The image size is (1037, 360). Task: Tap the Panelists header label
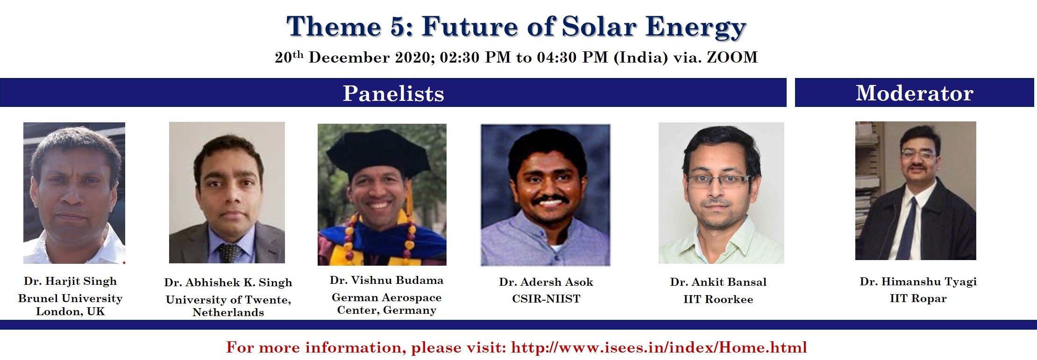393,93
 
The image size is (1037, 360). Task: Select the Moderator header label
914,93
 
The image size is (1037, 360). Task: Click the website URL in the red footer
659,347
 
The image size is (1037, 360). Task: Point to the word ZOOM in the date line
732,57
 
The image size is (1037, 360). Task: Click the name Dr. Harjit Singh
70,281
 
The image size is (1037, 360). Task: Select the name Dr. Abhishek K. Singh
228,282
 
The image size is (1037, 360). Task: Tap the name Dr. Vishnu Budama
386,280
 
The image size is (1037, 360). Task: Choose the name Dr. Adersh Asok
546,282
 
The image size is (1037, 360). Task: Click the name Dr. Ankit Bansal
718,282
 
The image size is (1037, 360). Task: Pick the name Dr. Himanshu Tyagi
918,282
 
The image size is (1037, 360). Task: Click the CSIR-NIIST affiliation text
546,299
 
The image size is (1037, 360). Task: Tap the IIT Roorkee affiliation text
718,299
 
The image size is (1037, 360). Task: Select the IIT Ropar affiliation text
918,298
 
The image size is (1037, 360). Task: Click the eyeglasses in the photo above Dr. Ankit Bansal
718,181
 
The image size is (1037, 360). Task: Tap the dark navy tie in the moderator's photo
906,229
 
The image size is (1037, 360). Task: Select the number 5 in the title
398,27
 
